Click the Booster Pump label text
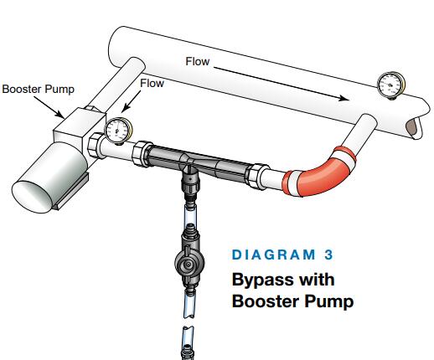pyautogui.click(x=39, y=90)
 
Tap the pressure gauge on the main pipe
pyautogui.click(x=390, y=85)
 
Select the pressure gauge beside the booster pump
pyautogui.click(x=118, y=131)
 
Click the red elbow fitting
pyautogui.click(x=318, y=172)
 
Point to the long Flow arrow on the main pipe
pyautogui.click(x=282, y=83)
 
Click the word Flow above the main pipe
pyautogui.click(x=198, y=62)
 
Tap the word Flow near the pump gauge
pyautogui.click(x=152, y=83)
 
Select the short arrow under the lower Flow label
pyautogui.click(x=132, y=101)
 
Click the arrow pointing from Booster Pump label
pyautogui.click(x=49, y=107)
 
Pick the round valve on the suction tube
pyautogui.click(x=189, y=262)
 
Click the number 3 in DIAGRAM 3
pyautogui.click(x=328, y=255)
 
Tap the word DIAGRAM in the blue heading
pyautogui.click(x=274, y=255)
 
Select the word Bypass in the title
pyautogui.click(x=261, y=280)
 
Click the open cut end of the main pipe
pyautogui.click(x=414, y=127)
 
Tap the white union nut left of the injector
pyautogui.click(x=142, y=153)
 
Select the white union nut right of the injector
pyautogui.click(x=257, y=177)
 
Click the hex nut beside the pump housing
pyautogui.click(x=95, y=146)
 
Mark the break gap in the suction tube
pyautogui.click(x=189, y=321)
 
